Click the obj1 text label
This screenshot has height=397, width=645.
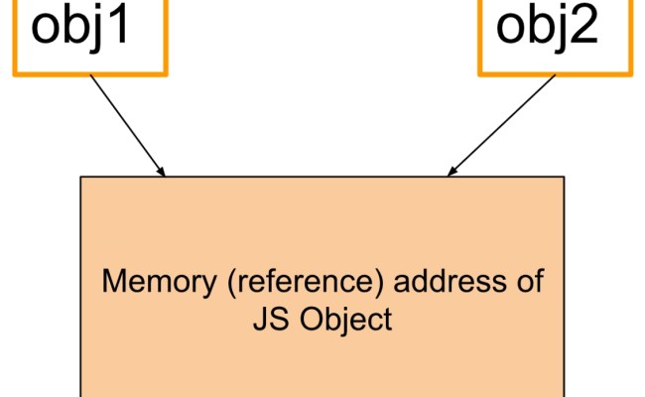pyautogui.click(x=90, y=28)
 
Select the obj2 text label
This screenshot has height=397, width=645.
pyautogui.click(x=547, y=28)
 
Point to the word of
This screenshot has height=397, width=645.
pyautogui.click(x=528, y=281)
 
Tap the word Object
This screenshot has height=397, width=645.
pyautogui.click(x=342, y=320)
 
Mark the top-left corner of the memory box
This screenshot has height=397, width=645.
pyautogui.click(x=80, y=178)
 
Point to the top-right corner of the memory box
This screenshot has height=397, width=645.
pyautogui.click(x=564, y=178)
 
